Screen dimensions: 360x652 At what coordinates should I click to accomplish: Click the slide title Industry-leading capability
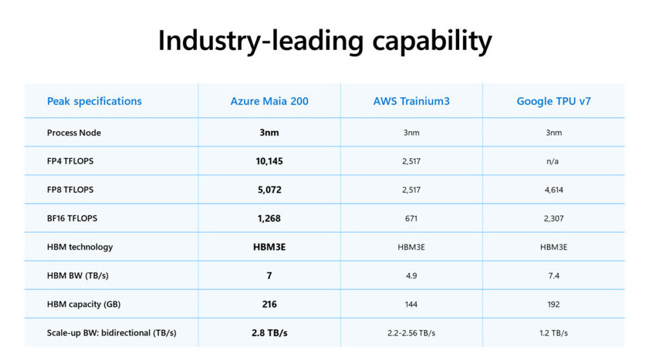click(x=325, y=41)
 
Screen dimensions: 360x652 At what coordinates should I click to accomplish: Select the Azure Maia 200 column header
click(x=269, y=101)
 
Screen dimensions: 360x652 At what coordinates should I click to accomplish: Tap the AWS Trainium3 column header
click(x=411, y=101)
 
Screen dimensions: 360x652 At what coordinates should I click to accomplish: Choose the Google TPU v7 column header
click(x=554, y=101)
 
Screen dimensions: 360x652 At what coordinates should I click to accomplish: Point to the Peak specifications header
click(x=94, y=101)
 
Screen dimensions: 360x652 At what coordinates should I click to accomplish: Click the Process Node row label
click(x=74, y=132)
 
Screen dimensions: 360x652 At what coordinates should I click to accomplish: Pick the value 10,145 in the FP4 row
click(x=269, y=161)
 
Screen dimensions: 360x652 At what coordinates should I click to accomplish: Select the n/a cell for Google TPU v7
click(x=554, y=161)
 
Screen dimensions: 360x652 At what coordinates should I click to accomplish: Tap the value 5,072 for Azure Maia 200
click(x=269, y=190)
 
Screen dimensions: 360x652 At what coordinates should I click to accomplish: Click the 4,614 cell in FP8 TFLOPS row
click(x=554, y=190)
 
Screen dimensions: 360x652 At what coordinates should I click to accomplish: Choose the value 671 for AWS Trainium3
click(x=411, y=218)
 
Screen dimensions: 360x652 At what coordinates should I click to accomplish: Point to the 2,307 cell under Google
click(x=554, y=218)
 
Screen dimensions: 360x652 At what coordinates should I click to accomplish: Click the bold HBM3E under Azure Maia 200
click(x=269, y=247)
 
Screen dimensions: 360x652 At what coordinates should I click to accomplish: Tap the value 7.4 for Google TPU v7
click(x=554, y=275)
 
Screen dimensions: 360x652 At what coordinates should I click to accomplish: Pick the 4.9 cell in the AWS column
click(x=411, y=275)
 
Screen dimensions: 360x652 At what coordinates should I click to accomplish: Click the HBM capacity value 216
click(x=269, y=304)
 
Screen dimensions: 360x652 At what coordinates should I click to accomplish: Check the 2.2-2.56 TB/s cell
click(x=411, y=333)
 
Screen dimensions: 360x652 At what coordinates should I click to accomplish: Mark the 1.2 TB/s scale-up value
click(x=554, y=333)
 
